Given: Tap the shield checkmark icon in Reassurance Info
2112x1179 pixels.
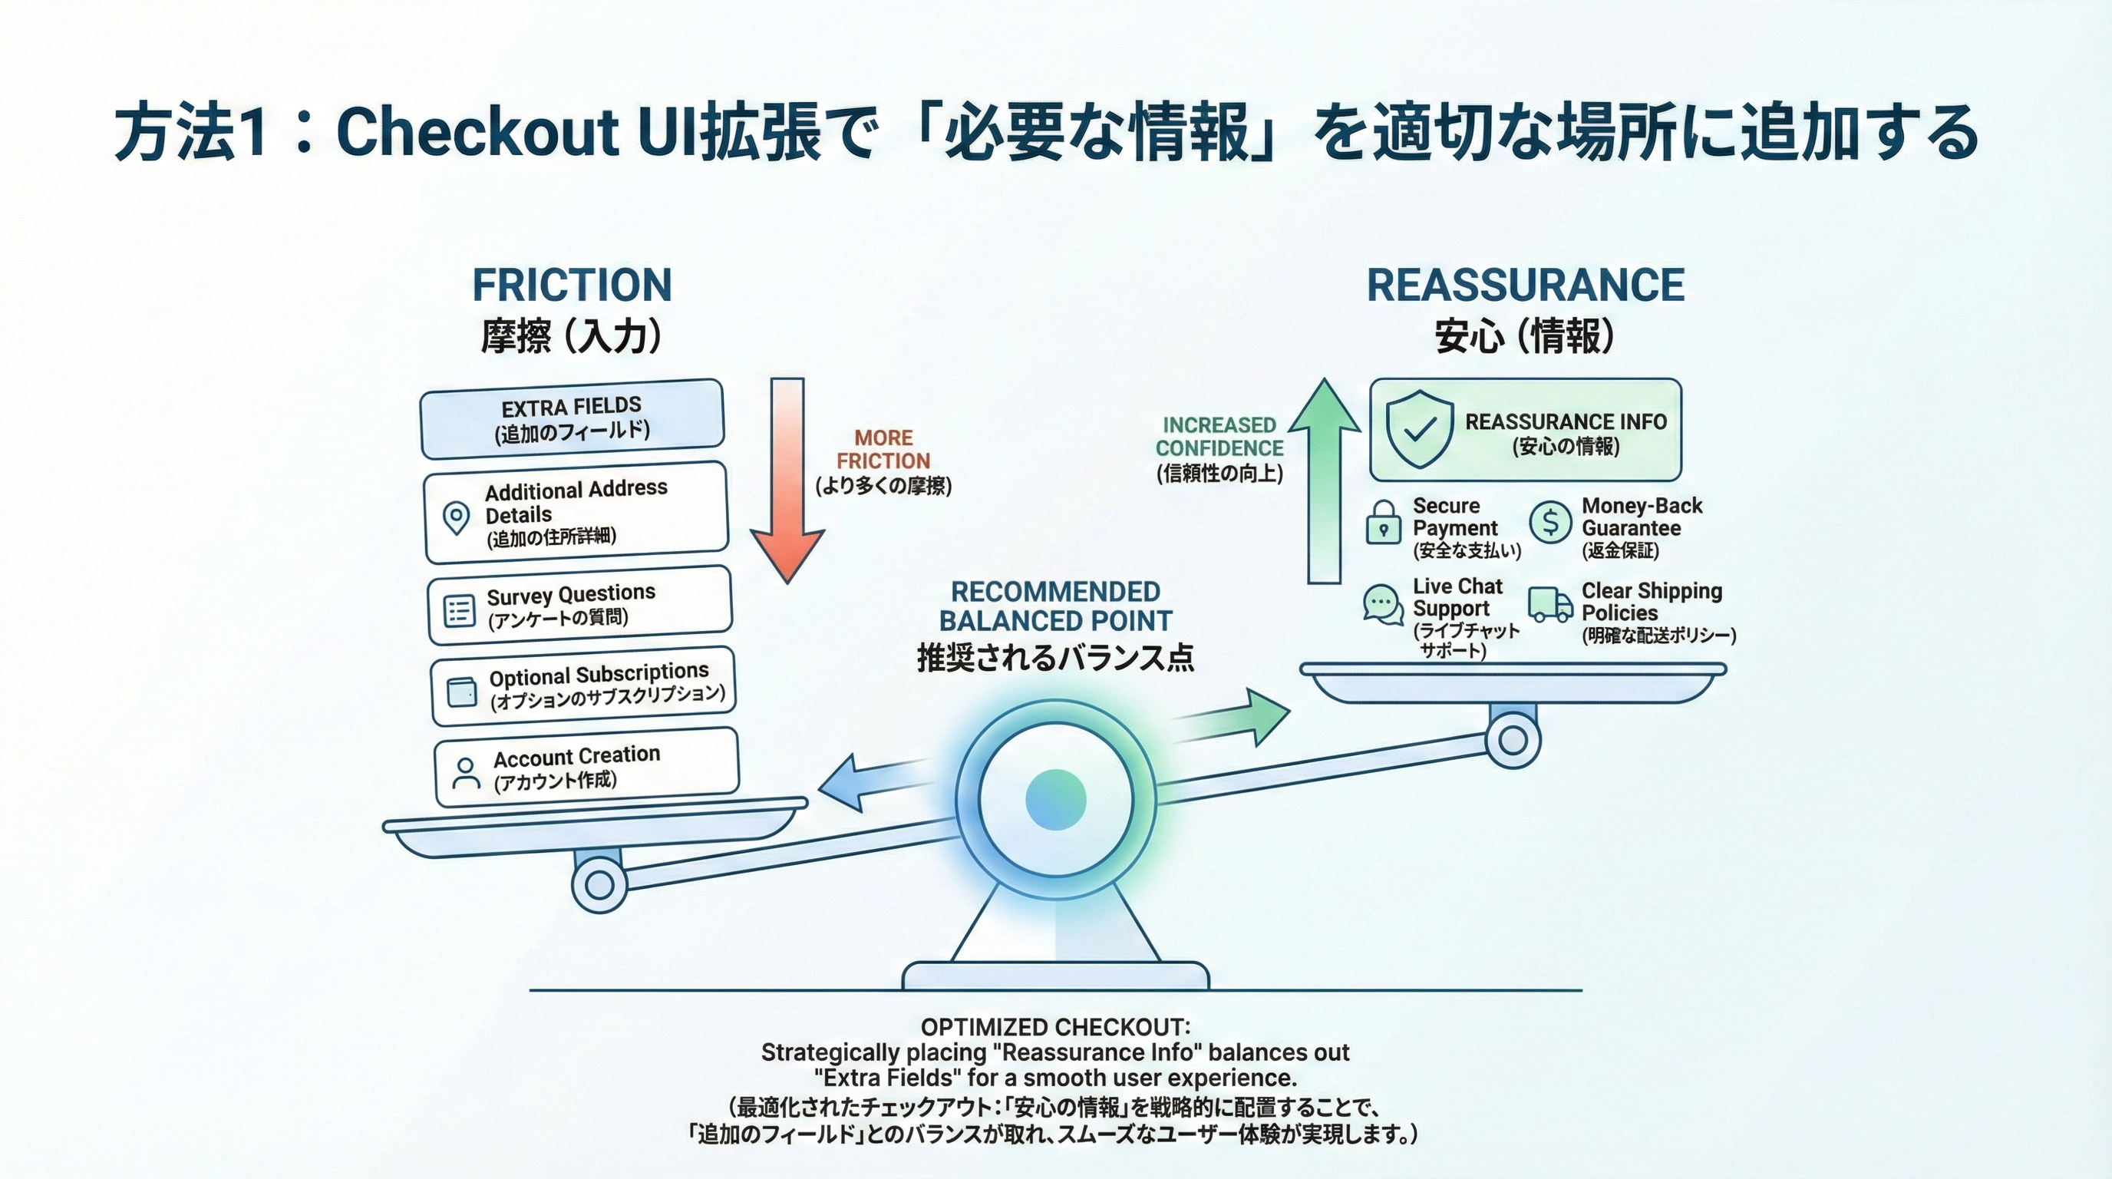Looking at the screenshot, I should (x=1419, y=429).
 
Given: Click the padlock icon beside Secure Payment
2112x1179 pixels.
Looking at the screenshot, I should (x=1383, y=523).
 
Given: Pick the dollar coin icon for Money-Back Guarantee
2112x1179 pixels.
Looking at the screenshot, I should (x=1550, y=521).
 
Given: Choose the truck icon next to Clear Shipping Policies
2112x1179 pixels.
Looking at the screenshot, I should (x=1549, y=604).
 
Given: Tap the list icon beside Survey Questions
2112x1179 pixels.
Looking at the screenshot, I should (x=459, y=611).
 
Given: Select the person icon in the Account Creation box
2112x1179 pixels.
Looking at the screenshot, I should (x=466, y=773).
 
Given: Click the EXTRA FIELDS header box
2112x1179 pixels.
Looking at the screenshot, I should (x=572, y=418).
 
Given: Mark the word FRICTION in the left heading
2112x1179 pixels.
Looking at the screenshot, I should (x=572, y=286).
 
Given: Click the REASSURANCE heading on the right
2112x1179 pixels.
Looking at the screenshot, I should (x=1525, y=286).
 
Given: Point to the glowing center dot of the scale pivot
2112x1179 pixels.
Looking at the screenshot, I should (x=1056, y=799).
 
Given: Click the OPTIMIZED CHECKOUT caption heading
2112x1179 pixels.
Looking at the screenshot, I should (x=1055, y=1026).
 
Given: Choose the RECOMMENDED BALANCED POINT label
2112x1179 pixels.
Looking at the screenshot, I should (x=1055, y=606).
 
